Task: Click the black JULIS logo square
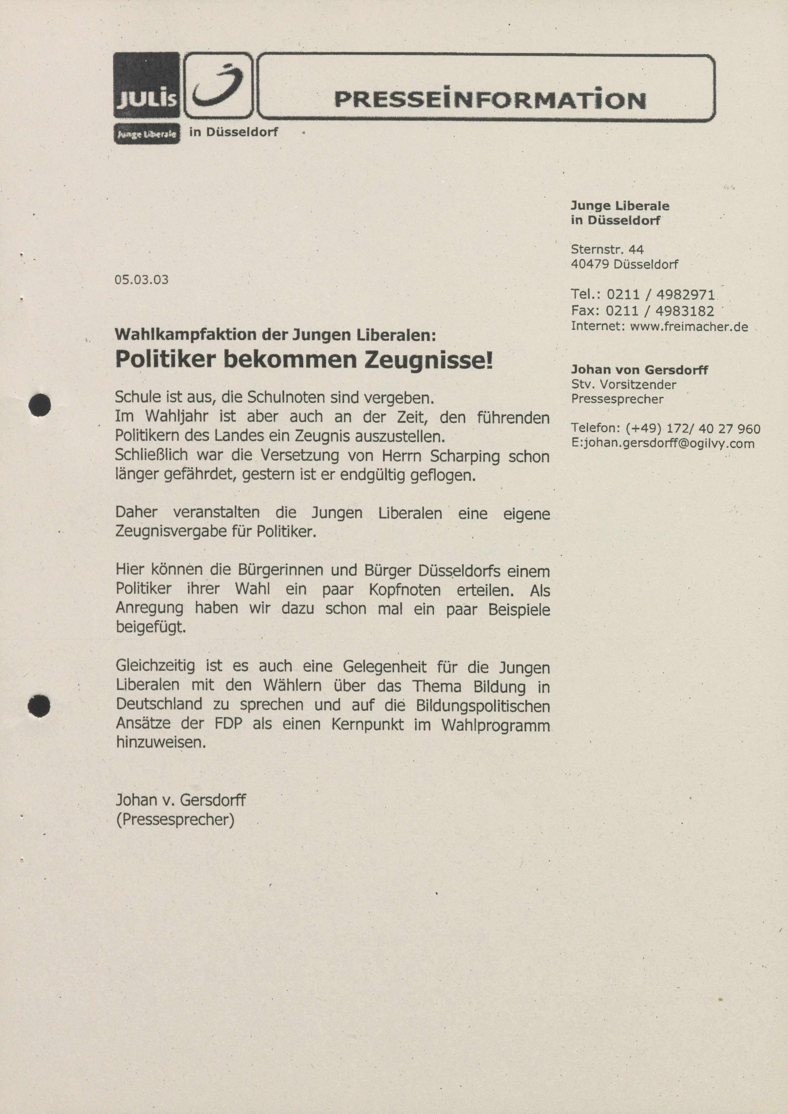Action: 147,86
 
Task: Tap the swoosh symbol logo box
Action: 219,86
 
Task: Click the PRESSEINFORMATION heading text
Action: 490,100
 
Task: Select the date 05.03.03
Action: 141,280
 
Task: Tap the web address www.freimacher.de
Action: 689,327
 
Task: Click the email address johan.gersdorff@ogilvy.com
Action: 668,443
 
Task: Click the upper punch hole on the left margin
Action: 40,405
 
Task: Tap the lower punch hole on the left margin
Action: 39,705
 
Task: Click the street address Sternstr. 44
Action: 607,249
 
